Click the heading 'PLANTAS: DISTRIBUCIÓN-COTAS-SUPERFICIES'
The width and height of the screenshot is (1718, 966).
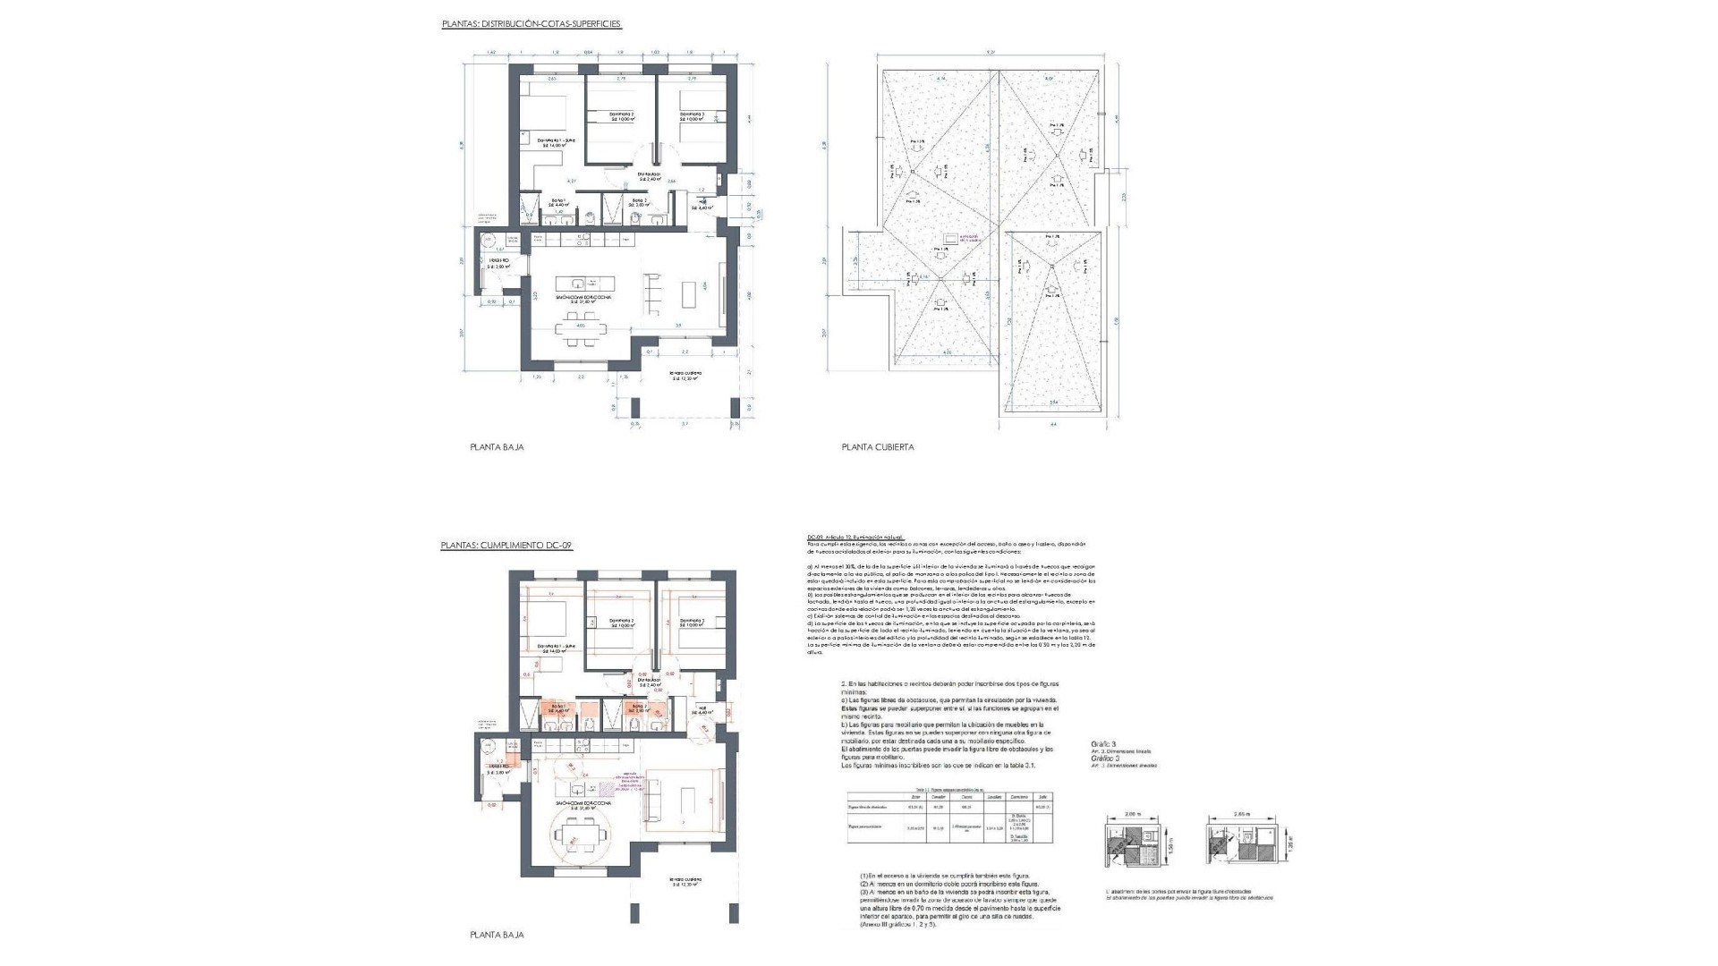531,24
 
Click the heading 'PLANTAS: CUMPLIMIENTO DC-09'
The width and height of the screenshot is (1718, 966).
506,545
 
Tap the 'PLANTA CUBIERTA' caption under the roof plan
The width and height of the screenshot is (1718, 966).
877,446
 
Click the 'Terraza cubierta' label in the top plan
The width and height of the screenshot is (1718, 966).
686,374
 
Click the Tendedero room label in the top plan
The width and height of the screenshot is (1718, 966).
498,263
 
